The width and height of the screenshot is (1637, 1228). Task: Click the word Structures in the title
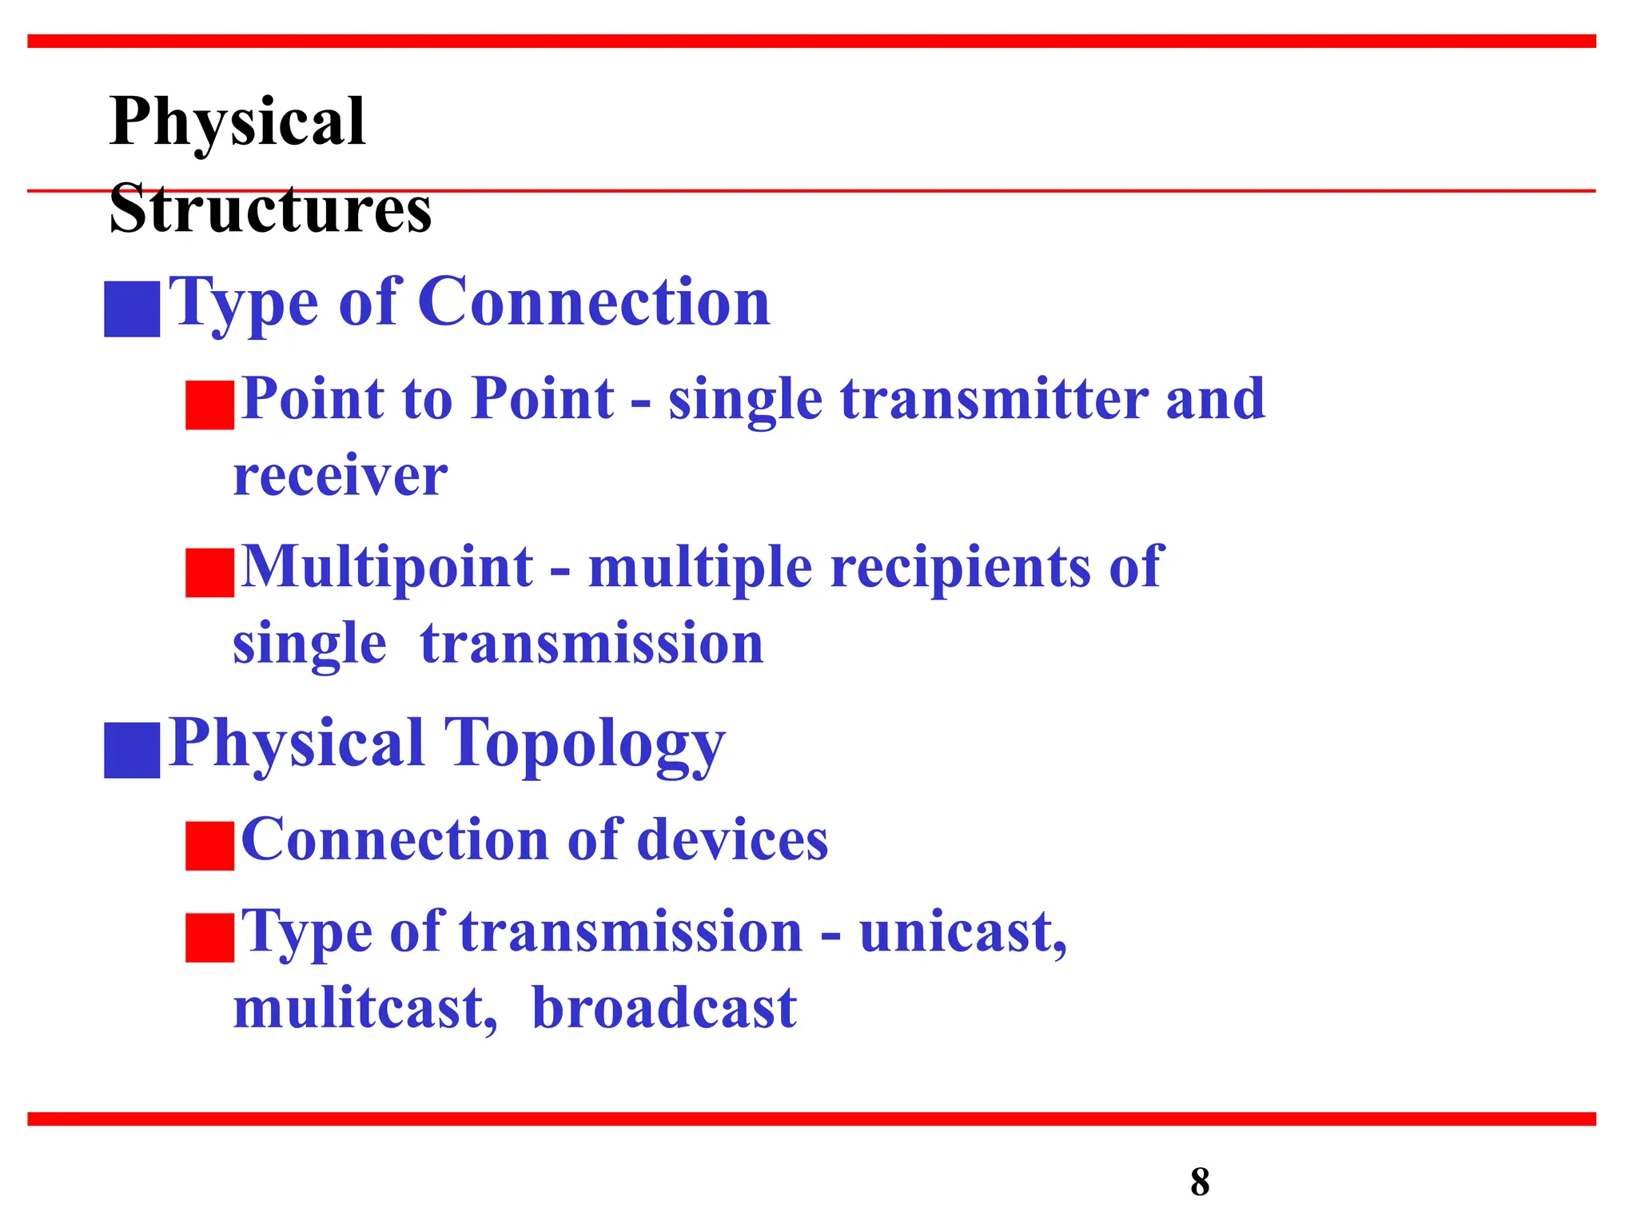[270, 209]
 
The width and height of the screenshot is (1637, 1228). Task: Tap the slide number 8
[1199, 1182]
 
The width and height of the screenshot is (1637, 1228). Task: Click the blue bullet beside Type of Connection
[132, 309]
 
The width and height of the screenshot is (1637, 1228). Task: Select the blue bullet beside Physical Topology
[132, 750]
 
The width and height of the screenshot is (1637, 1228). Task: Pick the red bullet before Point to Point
[209, 405]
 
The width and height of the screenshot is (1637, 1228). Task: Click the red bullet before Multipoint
[209, 572]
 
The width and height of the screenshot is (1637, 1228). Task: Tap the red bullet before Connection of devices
[209, 846]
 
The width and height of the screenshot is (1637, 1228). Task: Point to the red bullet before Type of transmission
[209, 937]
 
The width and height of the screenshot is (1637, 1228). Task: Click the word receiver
[341, 476]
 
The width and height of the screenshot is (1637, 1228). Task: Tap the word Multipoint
[387, 566]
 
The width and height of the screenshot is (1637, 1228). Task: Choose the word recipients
[961, 568]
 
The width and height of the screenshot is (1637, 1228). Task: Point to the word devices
[732, 839]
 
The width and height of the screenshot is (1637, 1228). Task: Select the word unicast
[962, 932]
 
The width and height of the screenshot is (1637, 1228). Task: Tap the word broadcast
[664, 1007]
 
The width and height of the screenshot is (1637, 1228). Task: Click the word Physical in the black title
[237, 122]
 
